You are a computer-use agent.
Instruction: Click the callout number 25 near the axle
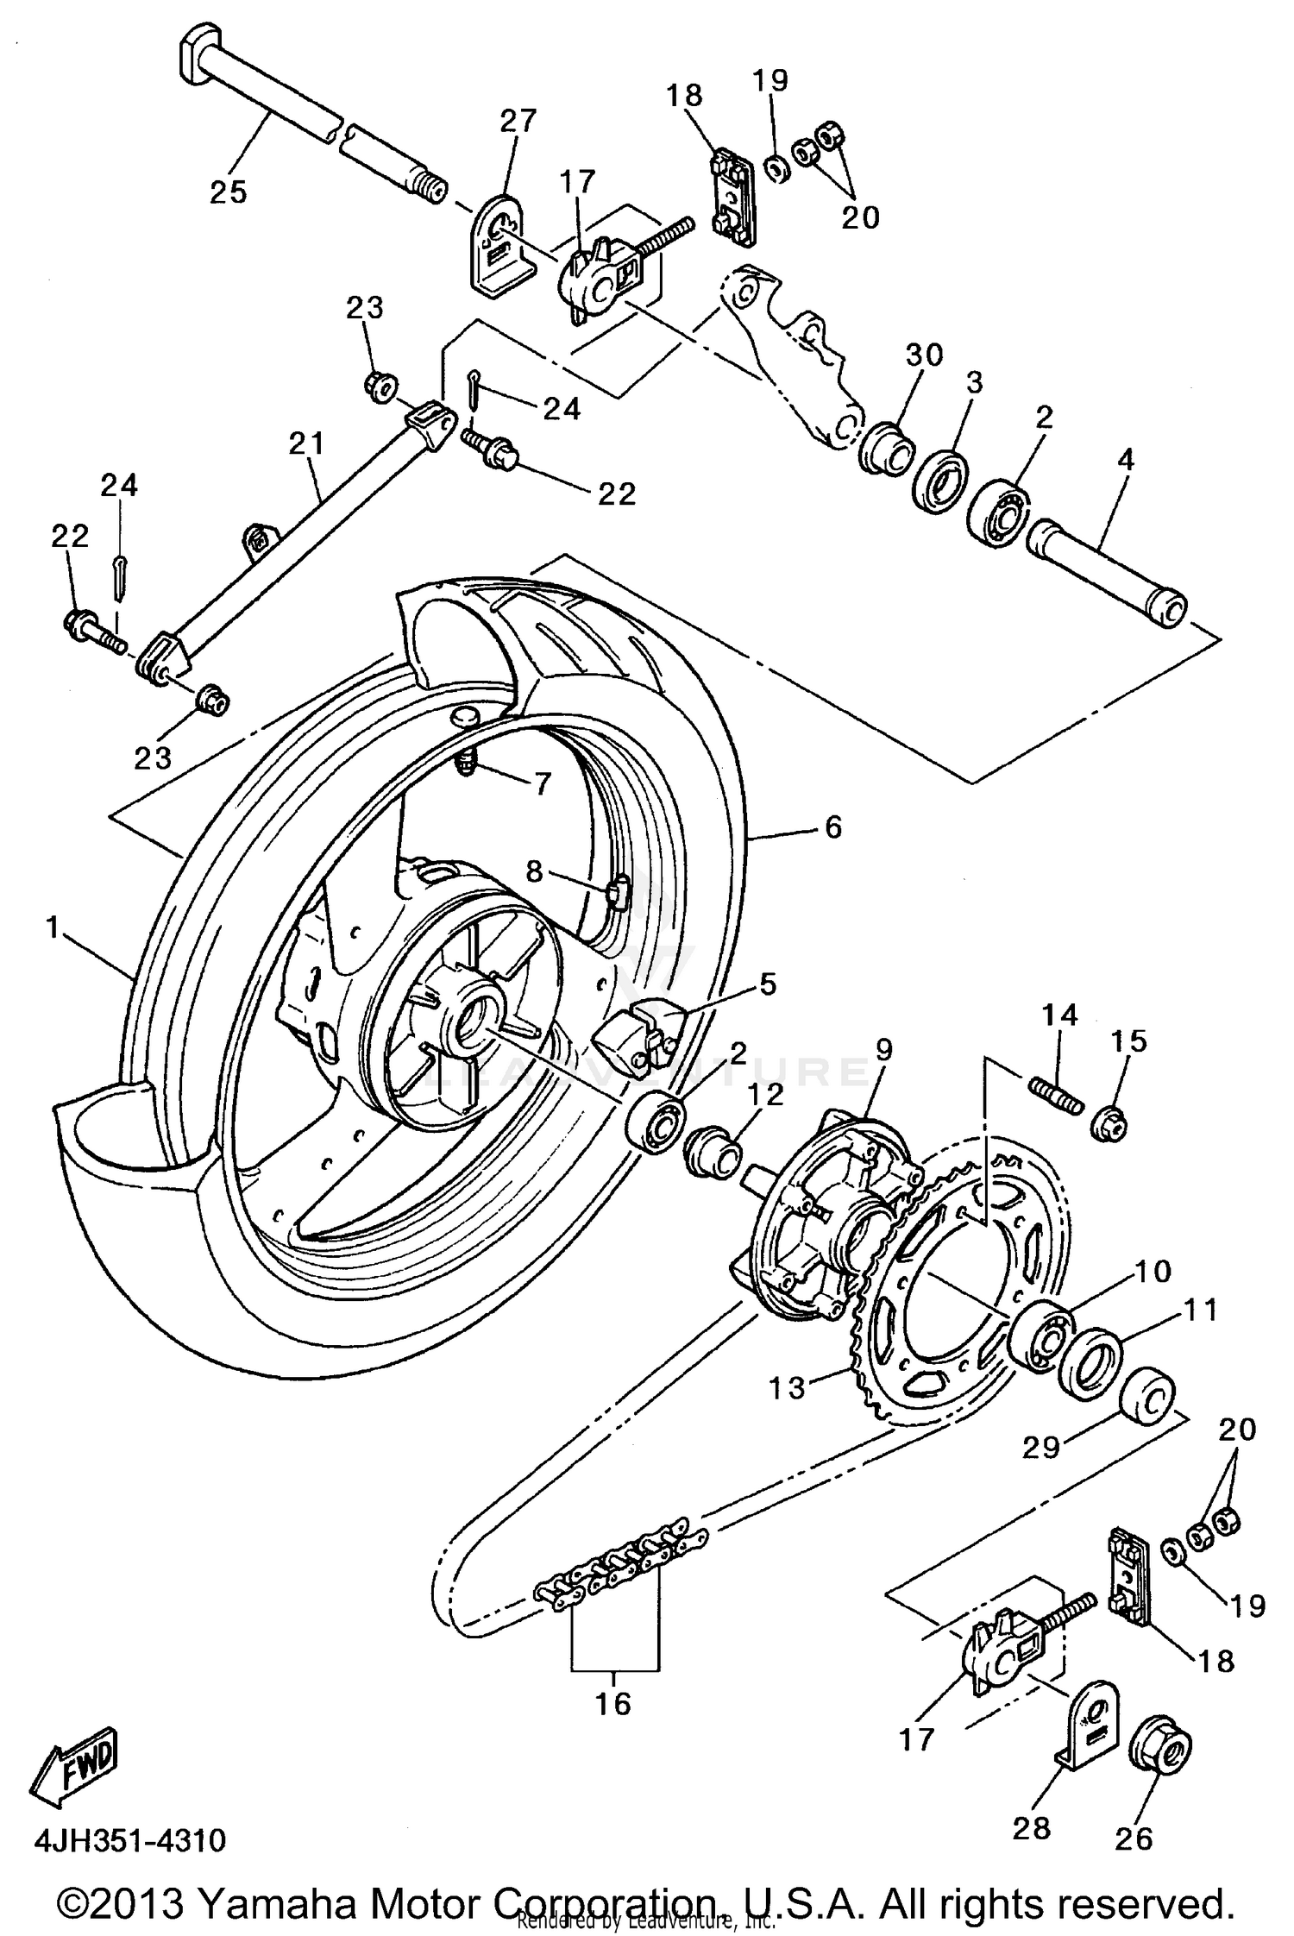pyautogui.click(x=229, y=192)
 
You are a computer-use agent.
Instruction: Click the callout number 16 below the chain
pyautogui.click(x=613, y=1703)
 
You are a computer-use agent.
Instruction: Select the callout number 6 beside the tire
pyautogui.click(x=832, y=827)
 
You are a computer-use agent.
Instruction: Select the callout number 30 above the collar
pyautogui.click(x=924, y=355)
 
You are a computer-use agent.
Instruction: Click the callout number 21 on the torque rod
pyautogui.click(x=307, y=444)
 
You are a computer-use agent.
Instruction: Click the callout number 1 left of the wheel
pyautogui.click(x=53, y=928)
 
